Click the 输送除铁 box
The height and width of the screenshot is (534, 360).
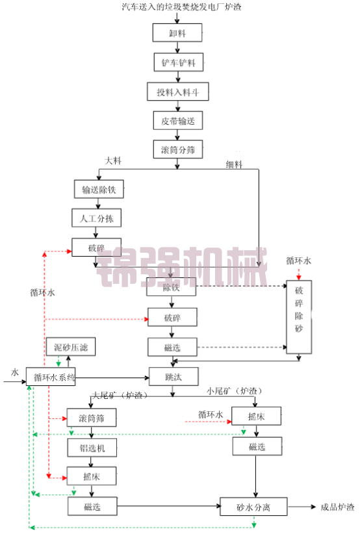pos(98,190)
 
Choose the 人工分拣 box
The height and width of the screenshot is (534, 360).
pos(96,218)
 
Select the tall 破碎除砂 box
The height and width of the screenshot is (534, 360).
pos(299,311)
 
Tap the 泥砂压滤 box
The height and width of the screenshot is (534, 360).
pos(70,348)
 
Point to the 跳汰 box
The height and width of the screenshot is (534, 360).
pos(172,376)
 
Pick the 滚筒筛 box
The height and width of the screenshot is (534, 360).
pos(91,418)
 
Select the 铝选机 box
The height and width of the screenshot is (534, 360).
pos(91,447)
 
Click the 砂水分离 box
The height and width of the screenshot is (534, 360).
pos(253,506)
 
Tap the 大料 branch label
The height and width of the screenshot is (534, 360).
pos(112,160)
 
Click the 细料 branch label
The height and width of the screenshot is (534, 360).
pos(234,164)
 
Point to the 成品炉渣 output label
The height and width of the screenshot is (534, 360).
pos(337,507)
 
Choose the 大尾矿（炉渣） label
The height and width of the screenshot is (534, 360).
pos(120,395)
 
